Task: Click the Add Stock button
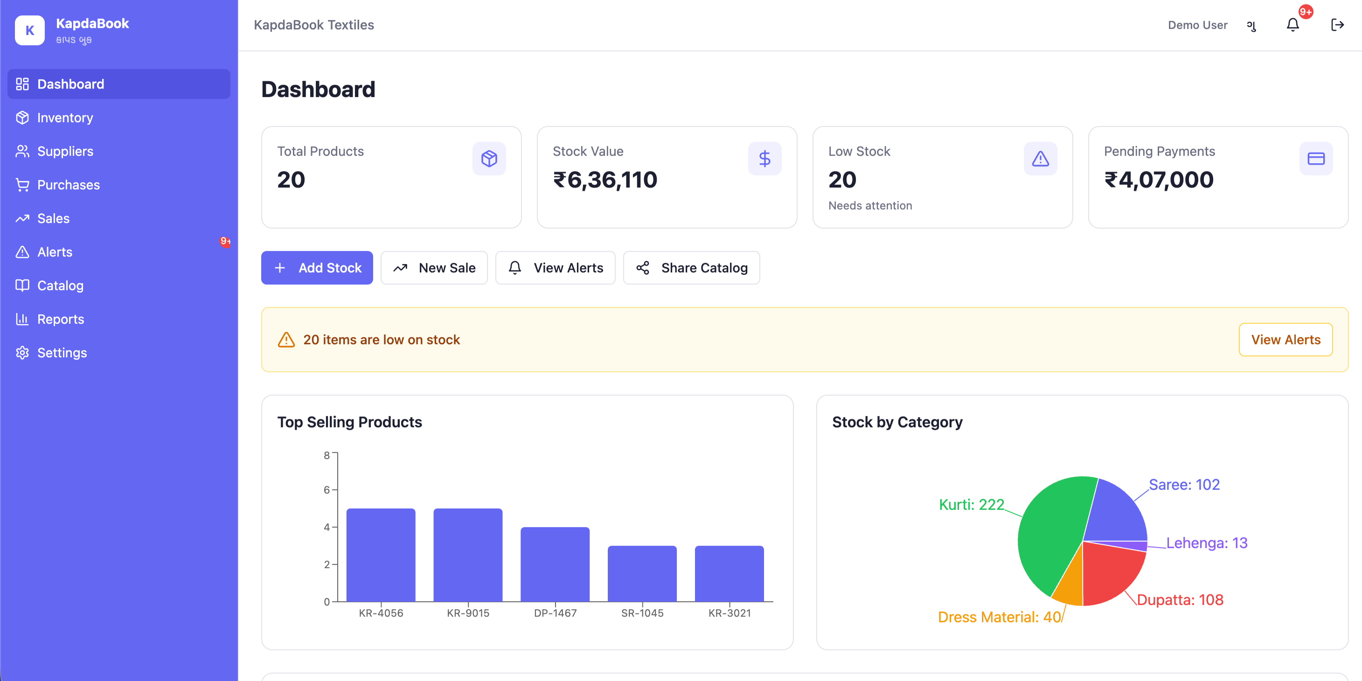(317, 268)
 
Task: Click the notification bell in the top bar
(1293, 25)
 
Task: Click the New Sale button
(434, 268)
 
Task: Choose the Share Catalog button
(692, 268)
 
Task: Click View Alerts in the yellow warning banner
(1286, 340)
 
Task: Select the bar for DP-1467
(555, 564)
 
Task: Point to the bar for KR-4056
(381, 555)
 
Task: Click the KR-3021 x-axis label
(729, 613)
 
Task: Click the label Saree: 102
(1184, 484)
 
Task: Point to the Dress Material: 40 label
(999, 617)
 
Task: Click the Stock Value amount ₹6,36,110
(605, 180)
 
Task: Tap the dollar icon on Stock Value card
(764, 159)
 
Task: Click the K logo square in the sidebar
(29, 30)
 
